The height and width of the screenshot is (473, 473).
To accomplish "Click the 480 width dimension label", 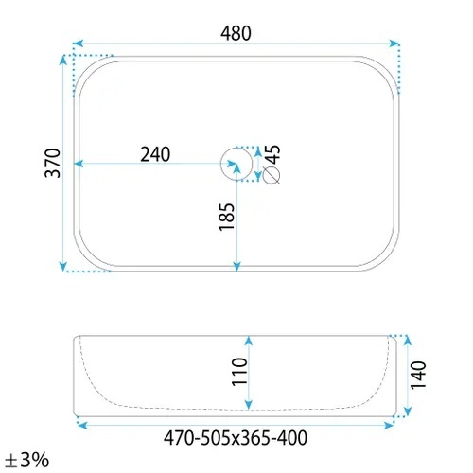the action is [x=236, y=33].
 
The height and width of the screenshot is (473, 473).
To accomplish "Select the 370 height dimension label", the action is [x=53, y=163].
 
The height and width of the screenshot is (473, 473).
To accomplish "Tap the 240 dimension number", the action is [x=155, y=154].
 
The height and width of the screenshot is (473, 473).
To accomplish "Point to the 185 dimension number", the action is [x=227, y=217].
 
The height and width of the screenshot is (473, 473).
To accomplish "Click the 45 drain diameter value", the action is [x=273, y=154].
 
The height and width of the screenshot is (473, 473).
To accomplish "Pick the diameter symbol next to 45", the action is [x=272, y=175].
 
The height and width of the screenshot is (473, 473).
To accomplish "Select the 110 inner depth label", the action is [x=239, y=372].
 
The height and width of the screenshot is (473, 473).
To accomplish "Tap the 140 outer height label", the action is [x=418, y=376].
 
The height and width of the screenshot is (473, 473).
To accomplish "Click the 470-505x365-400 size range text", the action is [x=236, y=438].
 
